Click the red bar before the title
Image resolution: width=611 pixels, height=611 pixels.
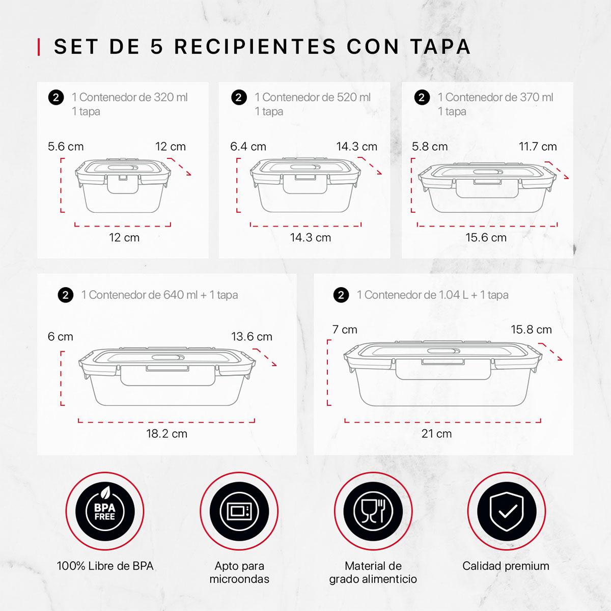click(x=39, y=47)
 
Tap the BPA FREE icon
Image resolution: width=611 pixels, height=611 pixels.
click(x=105, y=511)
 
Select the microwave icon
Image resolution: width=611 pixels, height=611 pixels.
click(x=239, y=511)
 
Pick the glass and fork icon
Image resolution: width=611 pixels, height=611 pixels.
click(x=373, y=511)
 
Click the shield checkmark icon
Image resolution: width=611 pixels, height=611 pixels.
click(x=507, y=511)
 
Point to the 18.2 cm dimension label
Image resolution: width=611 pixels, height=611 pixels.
click(x=166, y=434)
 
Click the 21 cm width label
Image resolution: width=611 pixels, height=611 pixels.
click(x=436, y=434)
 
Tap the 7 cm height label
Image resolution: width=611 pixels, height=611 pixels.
click(x=345, y=329)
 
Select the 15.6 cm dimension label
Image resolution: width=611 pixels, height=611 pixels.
click(x=486, y=238)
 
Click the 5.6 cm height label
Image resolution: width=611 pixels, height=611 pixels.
click(x=66, y=147)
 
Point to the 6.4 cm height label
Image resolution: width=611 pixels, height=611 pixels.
click(x=248, y=147)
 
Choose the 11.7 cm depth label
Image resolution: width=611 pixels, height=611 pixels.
click(x=538, y=147)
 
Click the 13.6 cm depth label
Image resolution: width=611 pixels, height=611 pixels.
click(x=252, y=337)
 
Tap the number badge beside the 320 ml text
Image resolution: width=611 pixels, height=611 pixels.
click(x=56, y=97)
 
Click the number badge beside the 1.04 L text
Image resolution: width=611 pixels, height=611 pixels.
click(x=341, y=295)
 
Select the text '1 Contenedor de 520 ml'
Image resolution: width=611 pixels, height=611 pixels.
click(x=313, y=97)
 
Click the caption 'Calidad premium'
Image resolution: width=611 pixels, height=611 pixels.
click(x=506, y=566)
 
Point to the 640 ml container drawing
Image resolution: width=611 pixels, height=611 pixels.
click(x=166, y=377)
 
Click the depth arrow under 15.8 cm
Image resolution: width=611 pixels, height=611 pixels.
click(x=551, y=352)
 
